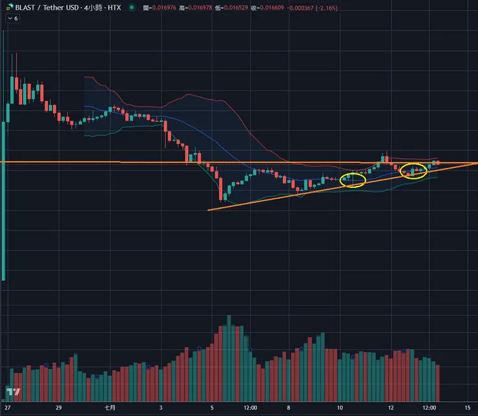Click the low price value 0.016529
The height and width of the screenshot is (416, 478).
pos(240,7)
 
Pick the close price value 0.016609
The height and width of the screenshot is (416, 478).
pos(279,7)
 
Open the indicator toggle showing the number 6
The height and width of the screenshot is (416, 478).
pos(12,19)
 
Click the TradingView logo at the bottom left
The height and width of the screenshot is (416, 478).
pos(14,392)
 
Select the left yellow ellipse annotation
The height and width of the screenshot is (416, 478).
pos(353,180)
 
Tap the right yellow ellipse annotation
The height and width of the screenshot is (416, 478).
pos(414,171)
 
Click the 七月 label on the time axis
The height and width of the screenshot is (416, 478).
pos(110,408)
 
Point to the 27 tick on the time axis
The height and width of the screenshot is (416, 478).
pos(6,408)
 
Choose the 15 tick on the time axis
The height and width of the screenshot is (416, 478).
pos(467,408)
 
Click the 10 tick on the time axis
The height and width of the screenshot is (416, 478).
pos(340,408)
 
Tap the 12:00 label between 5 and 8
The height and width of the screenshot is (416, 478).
pos(251,408)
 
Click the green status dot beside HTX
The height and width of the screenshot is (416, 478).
pos(132,7)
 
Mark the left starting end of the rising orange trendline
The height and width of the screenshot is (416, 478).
pos(208,209)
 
